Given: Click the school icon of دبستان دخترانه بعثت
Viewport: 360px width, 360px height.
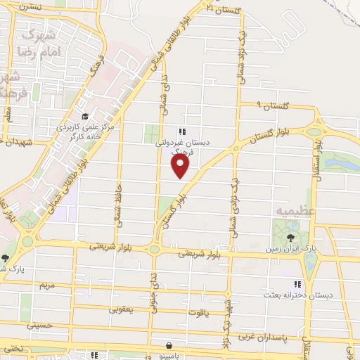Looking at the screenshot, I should click(x=297, y=284).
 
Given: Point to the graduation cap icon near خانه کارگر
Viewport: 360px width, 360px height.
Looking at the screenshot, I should click(x=84, y=117).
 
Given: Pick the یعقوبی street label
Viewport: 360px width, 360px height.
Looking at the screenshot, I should click(x=119, y=308).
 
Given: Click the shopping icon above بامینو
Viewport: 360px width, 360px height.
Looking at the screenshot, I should click(x=169, y=345).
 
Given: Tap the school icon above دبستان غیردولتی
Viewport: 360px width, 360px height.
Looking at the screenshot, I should click(x=182, y=131).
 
